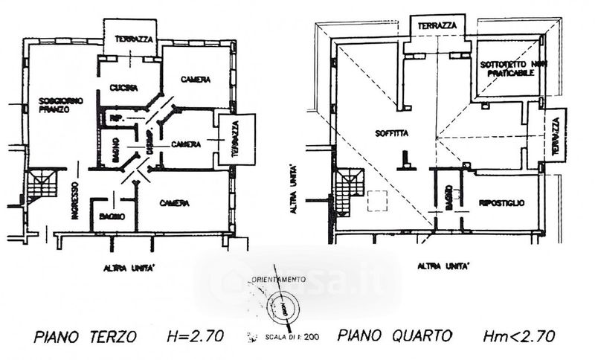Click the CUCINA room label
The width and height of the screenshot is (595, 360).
point(123,88)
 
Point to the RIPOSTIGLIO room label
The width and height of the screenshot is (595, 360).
point(502,202)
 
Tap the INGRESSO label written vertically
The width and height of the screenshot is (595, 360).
point(76,201)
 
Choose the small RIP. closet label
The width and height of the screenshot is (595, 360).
point(116,119)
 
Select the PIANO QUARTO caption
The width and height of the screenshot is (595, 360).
point(395,336)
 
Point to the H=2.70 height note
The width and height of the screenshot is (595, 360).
point(194,336)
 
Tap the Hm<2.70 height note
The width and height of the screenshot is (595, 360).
point(519,336)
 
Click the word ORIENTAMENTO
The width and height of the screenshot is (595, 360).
point(277,278)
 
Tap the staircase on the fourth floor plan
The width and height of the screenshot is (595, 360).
point(347,191)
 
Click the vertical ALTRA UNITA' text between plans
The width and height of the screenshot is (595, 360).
point(296,189)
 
